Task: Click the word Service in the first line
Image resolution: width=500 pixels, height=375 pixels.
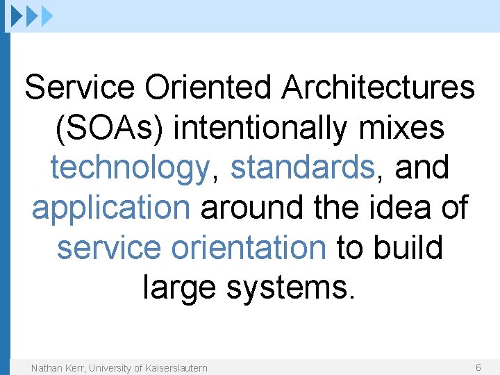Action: (x=78, y=88)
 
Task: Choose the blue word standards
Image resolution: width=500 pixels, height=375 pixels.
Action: (x=302, y=168)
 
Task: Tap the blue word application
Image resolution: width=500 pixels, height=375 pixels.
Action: (x=110, y=208)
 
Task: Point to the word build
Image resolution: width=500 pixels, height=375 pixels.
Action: (x=409, y=248)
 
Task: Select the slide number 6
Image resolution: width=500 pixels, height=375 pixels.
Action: (x=478, y=367)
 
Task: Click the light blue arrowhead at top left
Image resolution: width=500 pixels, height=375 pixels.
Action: (x=47, y=15)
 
